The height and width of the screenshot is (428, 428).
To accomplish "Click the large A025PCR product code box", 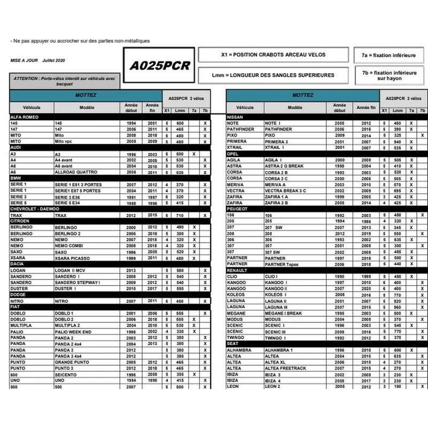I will tap(160, 66).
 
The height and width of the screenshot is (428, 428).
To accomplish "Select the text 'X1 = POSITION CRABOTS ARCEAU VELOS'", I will tap(273, 55).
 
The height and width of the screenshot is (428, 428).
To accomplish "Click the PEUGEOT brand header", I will tap(239, 209).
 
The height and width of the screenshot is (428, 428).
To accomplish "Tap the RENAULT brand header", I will tap(238, 270).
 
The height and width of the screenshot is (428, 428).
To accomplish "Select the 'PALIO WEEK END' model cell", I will tap(73, 332).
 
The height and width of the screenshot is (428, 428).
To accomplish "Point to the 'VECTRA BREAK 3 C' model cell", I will tap(285, 190).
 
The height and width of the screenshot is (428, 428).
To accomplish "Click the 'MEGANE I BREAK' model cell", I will tap(284, 313).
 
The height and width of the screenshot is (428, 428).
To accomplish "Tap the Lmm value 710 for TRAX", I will tap(179, 215).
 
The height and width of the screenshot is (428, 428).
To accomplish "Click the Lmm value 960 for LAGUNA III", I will tap(397, 307).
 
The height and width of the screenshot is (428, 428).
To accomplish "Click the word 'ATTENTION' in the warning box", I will tap(26, 78).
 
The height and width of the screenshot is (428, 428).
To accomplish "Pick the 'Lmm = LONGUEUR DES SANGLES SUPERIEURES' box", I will tap(273, 75).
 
